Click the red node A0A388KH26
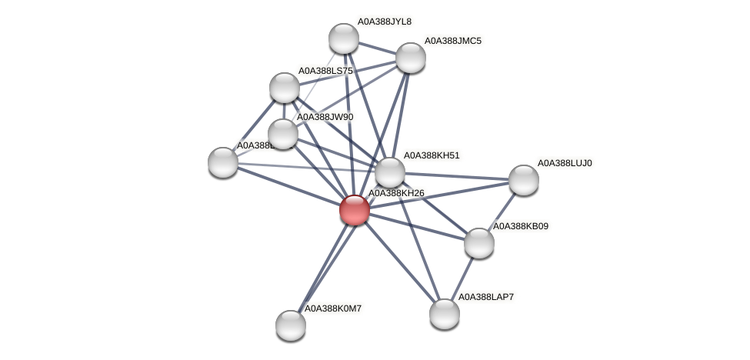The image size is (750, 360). [354, 209]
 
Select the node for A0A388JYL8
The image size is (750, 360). [343, 38]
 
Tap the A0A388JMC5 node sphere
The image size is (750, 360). [410, 57]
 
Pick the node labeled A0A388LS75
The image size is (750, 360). [284, 88]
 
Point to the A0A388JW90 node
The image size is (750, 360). [282, 134]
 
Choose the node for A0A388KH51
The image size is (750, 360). [389, 172]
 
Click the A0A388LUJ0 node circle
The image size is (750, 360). [523, 179]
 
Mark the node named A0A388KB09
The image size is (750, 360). [478, 243]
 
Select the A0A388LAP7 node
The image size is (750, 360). [444, 313]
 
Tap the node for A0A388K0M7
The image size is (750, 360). [291, 325]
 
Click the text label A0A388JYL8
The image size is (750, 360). [384, 22]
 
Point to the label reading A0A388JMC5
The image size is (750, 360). [453, 41]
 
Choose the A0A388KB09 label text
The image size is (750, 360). [525, 226]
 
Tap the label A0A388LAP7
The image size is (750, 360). [485, 296]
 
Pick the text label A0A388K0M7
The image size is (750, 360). [333, 308]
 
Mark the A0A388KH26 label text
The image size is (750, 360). [396, 193]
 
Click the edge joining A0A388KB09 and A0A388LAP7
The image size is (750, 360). [462, 278]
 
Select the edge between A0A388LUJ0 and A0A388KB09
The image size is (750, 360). [501, 211]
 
